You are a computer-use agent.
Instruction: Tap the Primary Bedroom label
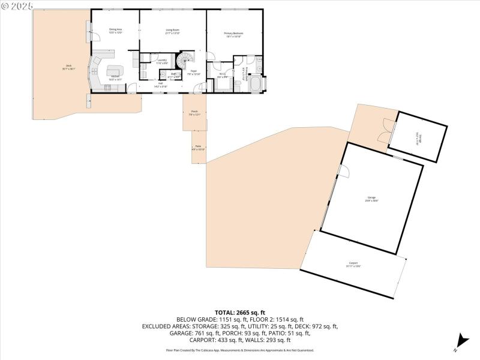(x=233, y=34)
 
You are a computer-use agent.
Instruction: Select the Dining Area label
(x=116, y=31)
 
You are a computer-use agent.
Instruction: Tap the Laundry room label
(x=162, y=61)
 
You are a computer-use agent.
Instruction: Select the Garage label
(x=372, y=199)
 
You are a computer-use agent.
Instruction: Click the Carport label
(x=354, y=264)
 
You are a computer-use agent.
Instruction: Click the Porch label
(x=194, y=113)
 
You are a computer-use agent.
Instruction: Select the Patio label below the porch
(x=198, y=148)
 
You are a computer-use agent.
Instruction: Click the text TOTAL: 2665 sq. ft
(x=240, y=313)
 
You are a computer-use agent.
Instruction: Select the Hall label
(x=161, y=85)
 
